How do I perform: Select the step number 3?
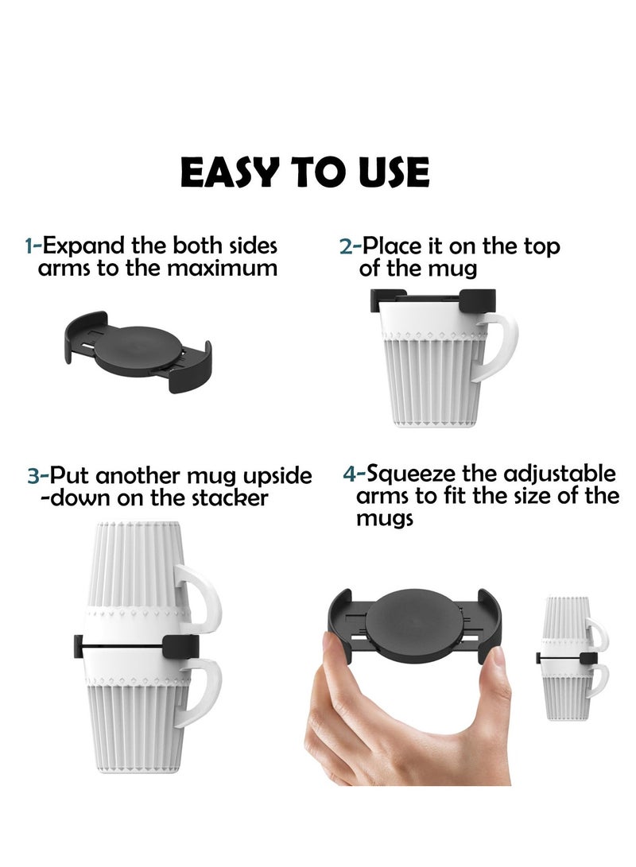pos(33,477)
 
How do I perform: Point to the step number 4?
pos(350,474)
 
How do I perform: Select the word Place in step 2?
pos(392,246)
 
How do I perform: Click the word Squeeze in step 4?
pos(411,475)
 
